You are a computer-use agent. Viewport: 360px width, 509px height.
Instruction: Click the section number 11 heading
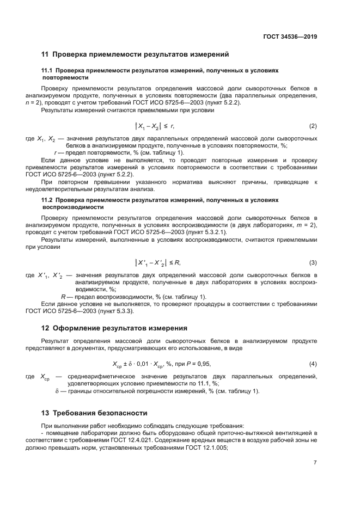tap(45, 54)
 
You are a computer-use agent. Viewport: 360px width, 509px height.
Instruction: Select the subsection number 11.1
tap(47, 71)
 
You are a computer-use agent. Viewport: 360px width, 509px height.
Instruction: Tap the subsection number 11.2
tap(47, 200)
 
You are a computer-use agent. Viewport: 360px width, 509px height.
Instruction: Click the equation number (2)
tap(313, 126)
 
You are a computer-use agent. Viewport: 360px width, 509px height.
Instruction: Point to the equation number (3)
tap(313, 263)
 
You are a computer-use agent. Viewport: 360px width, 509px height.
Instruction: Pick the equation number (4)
tap(313, 364)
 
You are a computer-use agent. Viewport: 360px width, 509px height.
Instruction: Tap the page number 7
tap(315, 463)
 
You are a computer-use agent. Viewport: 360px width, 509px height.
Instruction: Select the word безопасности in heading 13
tap(120, 413)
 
